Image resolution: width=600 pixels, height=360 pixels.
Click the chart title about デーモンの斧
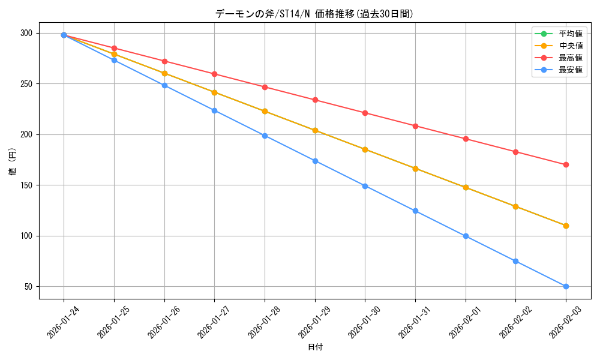tap(314, 14)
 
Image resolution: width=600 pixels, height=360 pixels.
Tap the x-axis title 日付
tap(315, 347)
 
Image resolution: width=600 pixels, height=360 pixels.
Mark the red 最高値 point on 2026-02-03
tap(566, 164)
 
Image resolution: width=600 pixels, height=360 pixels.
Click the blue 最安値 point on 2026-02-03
tap(566, 286)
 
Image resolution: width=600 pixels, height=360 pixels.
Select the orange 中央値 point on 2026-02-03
tap(566, 226)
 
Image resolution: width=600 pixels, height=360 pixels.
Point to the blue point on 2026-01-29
tap(315, 161)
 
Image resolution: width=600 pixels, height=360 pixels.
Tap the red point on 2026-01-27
tap(214, 74)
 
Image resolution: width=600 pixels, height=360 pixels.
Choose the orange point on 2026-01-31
tap(415, 169)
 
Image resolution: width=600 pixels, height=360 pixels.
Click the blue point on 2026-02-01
tap(466, 236)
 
